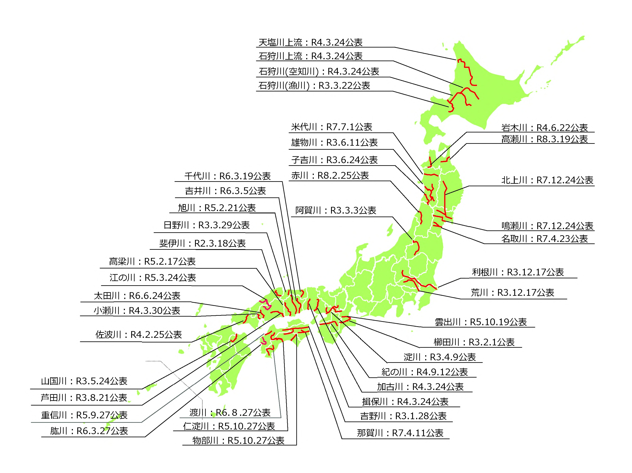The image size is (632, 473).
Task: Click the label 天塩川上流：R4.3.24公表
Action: pyautogui.click(x=310, y=42)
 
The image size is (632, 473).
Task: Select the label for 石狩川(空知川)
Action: pyautogui.click(x=319, y=71)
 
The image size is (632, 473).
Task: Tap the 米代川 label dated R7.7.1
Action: pyautogui.click(x=331, y=127)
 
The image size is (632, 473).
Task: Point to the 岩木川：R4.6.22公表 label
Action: pyautogui.click(x=544, y=128)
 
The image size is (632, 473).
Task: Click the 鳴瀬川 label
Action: pyautogui.click(x=547, y=226)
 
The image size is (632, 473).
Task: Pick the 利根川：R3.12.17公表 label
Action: pyautogui.click(x=518, y=272)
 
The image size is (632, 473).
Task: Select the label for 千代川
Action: pyautogui.click(x=227, y=176)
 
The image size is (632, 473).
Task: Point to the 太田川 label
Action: pyautogui.click(x=137, y=296)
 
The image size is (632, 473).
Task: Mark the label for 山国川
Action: pyautogui.click(x=84, y=381)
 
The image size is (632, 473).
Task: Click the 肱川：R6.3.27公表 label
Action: pyautogui.click(x=89, y=431)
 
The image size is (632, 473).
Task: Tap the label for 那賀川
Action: pyautogui.click(x=400, y=433)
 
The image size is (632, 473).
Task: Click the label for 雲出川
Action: pyautogui.click(x=481, y=322)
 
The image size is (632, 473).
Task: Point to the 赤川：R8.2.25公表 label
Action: pyautogui.click(x=330, y=176)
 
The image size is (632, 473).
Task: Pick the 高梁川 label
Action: pyautogui.click(x=152, y=261)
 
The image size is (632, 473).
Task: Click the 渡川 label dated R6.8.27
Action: pyautogui.click(x=230, y=412)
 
